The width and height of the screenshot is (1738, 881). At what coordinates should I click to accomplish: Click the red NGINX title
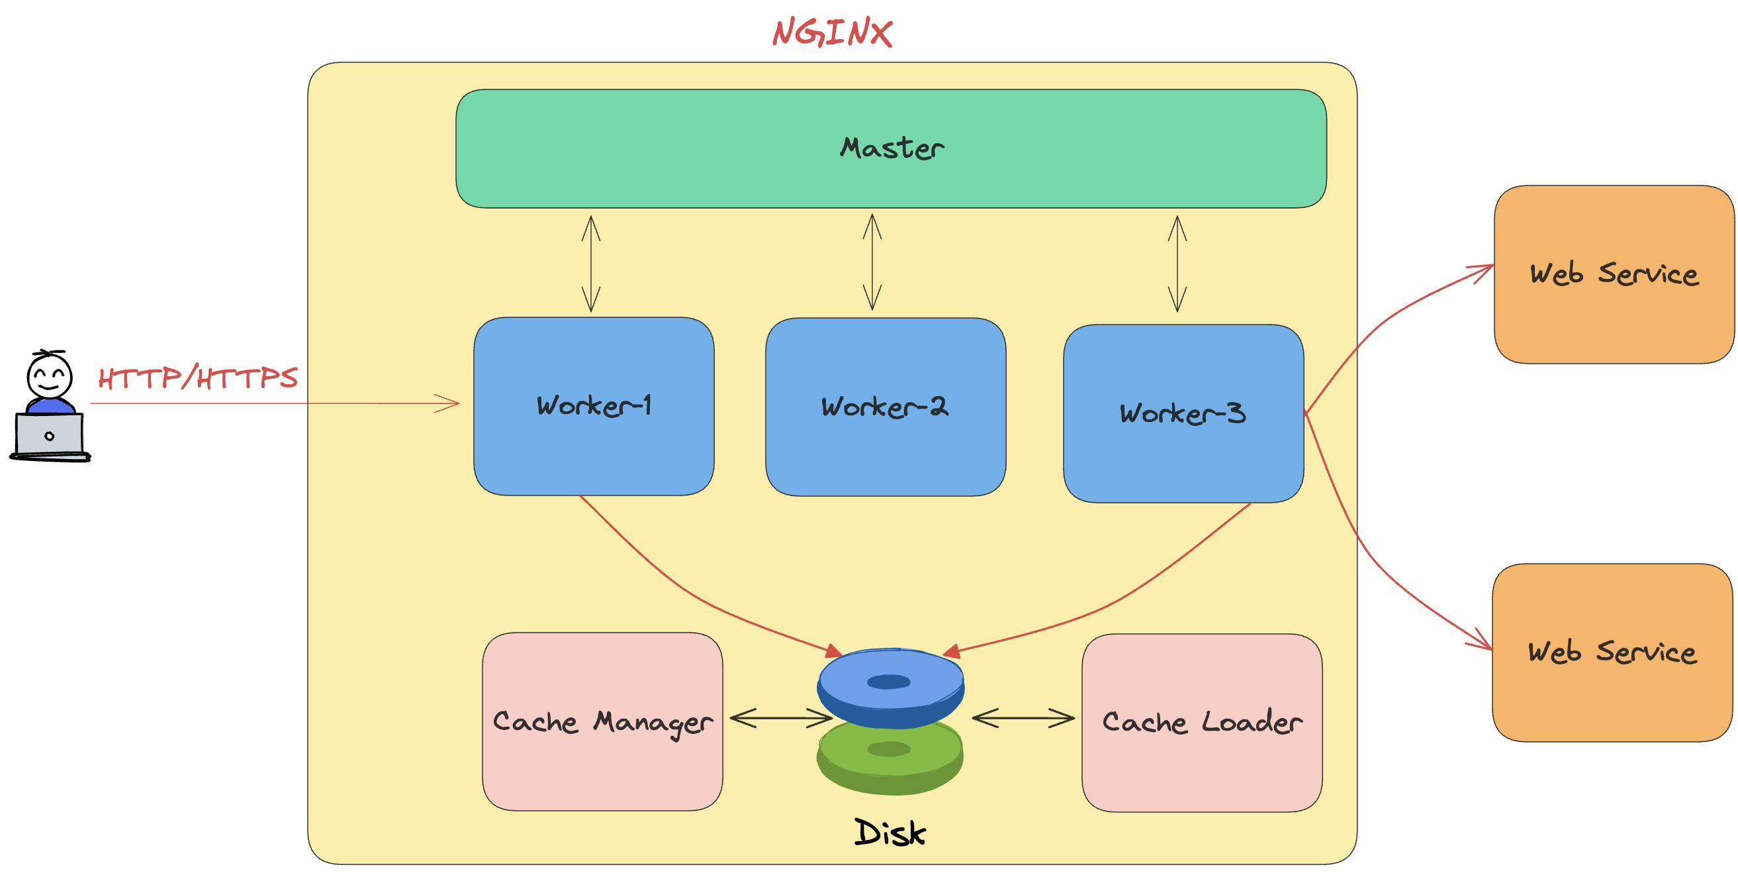click(x=832, y=32)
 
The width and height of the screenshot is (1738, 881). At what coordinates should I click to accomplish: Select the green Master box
click(x=891, y=148)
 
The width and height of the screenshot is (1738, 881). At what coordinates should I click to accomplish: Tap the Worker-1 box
click(x=594, y=407)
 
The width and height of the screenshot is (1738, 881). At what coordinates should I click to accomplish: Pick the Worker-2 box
click(x=885, y=407)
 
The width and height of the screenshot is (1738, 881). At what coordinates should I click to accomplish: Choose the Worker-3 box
click(x=1183, y=414)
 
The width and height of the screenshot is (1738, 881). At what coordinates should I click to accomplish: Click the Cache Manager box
click(x=602, y=721)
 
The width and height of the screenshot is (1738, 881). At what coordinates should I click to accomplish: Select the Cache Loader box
click(x=1202, y=722)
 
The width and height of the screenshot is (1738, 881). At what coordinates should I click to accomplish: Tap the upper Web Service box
click(x=1613, y=274)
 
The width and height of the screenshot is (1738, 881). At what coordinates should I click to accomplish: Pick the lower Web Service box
click(x=1612, y=652)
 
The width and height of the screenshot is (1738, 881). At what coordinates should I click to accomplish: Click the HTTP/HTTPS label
click(x=198, y=378)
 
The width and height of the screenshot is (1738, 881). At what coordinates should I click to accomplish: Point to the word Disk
click(x=890, y=833)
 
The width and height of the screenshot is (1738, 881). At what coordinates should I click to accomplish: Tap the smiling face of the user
click(x=49, y=376)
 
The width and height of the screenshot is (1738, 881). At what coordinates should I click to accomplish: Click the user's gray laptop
click(x=49, y=435)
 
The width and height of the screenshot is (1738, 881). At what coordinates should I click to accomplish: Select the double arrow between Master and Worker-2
click(x=872, y=262)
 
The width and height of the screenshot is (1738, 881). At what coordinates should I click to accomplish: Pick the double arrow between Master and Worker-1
click(x=591, y=264)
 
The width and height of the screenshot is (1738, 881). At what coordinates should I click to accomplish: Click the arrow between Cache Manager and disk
click(x=780, y=717)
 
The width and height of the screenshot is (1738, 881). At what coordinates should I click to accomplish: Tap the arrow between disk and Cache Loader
click(x=1023, y=717)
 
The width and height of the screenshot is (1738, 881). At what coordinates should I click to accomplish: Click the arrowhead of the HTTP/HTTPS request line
click(x=452, y=403)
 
